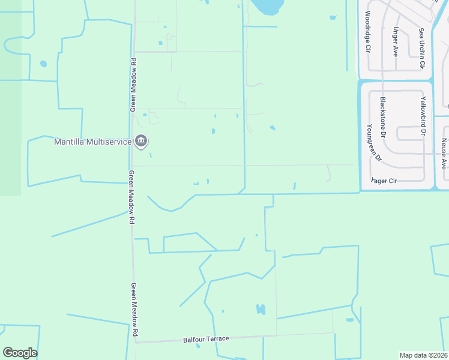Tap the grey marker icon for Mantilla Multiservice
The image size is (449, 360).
pyautogui.click(x=141, y=142)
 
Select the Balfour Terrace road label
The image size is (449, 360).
pyautogui.click(x=206, y=340)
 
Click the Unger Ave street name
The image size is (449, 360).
pyautogui.click(x=395, y=38)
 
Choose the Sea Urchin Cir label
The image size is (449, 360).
pyautogui.click(x=422, y=47)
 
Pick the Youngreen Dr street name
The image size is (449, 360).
pyautogui.click(x=373, y=143)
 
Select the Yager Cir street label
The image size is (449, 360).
pyautogui.click(x=384, y=180)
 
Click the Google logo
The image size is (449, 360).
pyautogui.click(x=20, y=353)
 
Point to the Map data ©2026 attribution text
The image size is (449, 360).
pyautogui.click(x=423, y=355)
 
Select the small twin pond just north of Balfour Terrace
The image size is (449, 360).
pyautogui.click(x=261, y=310)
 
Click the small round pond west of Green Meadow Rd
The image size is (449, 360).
pyautogui.click(x=43, y=64)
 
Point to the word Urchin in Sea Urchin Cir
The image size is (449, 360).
pyautogui.click(x=422, y=48)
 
